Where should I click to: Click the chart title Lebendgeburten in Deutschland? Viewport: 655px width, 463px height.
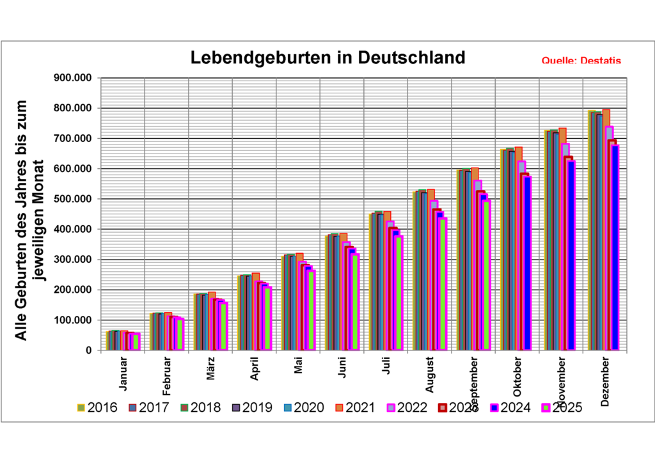pos(328,58)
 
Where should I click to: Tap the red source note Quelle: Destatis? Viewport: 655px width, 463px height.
pos(581,61)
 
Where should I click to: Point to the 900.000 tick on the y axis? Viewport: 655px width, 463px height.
pos(75,78)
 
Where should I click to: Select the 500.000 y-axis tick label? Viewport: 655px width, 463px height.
pos(75,199)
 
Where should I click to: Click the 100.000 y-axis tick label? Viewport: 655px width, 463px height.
pos(75,320)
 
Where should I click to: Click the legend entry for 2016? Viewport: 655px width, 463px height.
pos(98,407)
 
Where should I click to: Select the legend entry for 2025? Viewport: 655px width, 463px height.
pos(562,407)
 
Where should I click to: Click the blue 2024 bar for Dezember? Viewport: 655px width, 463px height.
pos(615,249)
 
